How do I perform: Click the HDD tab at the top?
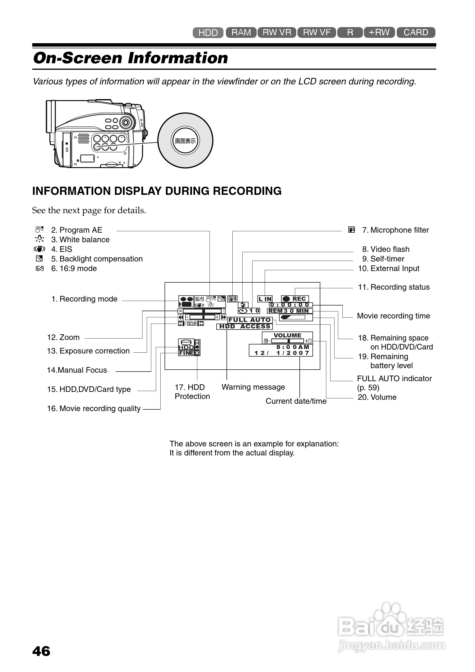pos(208,32)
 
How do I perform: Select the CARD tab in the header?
pos(416,32)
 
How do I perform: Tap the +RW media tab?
pos(379,32)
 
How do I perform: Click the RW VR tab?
pos(277,32)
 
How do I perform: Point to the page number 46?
pos(41,651)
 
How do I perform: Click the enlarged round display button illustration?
pos(185,141)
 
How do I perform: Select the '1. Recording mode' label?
pos(84,299)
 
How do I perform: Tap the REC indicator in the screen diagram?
pos(295,299)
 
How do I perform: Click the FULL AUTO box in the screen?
pos(250,320)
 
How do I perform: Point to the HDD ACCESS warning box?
pos(245,326)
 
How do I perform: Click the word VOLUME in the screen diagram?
pos(288,335)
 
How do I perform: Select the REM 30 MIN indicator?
pos(290,311)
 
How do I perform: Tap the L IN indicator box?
pos(265,299)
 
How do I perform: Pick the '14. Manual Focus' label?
pos(77,370)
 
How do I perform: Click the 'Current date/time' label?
pos(296,401)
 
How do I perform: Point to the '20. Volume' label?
pos(377,397)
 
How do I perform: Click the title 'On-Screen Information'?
pos(131,58)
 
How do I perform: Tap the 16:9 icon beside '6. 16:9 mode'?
pos(40,269)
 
